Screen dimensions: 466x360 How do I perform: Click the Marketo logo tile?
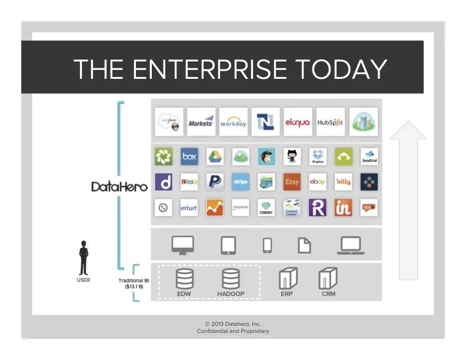201,122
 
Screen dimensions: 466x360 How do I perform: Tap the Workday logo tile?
233,122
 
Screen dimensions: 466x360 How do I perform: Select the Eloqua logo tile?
298,122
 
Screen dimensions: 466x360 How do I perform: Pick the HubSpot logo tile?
330,122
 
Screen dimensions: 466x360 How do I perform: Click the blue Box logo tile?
189,156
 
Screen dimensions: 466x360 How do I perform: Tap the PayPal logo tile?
215,182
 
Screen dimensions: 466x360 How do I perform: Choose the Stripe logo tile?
240,182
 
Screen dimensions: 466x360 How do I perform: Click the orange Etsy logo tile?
292,182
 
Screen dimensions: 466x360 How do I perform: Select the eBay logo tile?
318,182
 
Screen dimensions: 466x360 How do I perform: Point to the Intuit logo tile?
189,208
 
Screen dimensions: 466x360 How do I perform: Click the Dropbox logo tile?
318,156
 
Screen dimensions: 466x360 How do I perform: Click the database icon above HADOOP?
230,278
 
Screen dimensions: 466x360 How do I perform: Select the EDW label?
184,294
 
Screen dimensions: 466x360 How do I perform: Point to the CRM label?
328,294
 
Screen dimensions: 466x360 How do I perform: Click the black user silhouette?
84,259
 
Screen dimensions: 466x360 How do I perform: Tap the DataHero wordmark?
119,186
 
